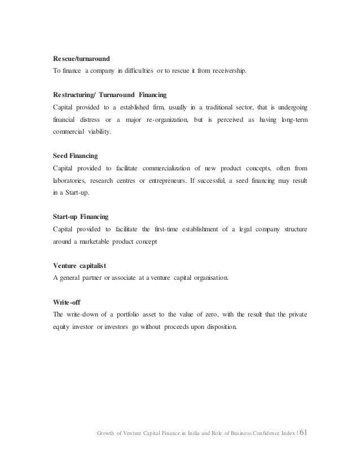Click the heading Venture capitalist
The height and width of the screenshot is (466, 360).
click(x=74, y=264)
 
